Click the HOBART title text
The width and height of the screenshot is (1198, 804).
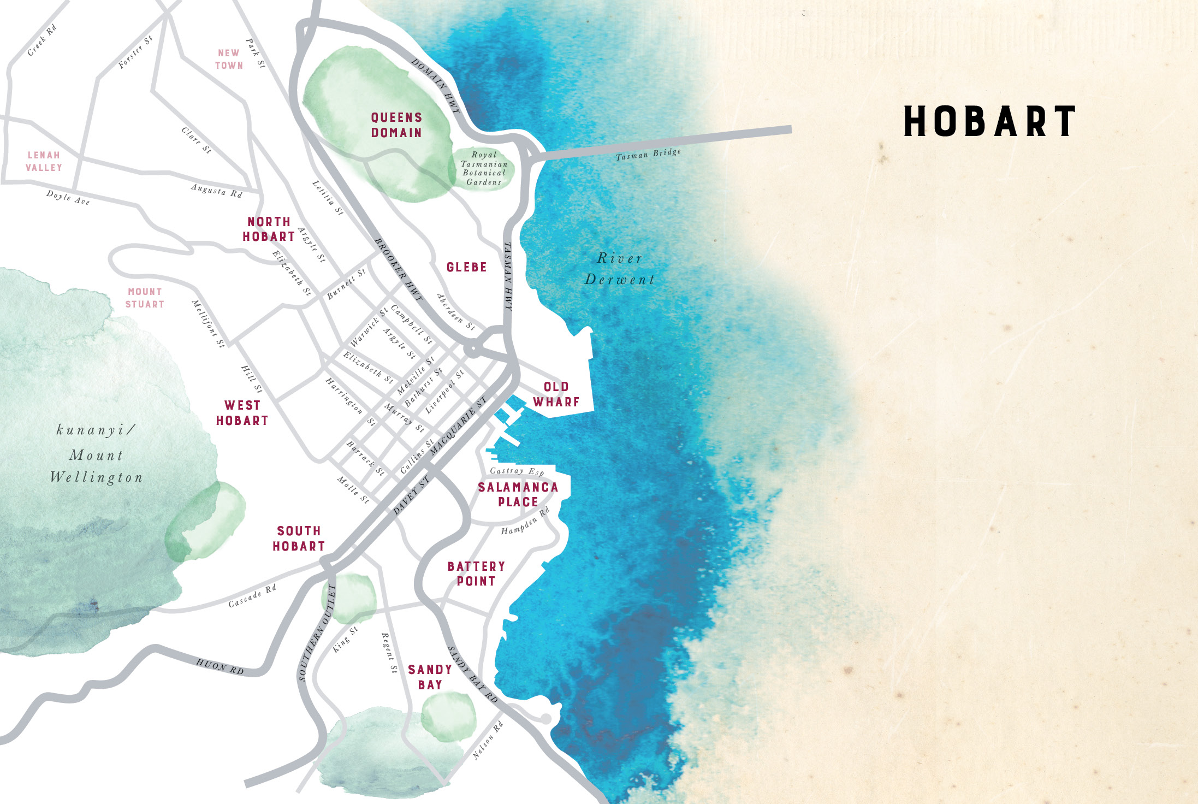(x=989, y=121)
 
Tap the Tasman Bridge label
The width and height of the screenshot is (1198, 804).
(x=648, y=154)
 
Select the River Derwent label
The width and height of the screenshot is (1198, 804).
(x=619, y=269)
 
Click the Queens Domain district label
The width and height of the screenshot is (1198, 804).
(x=396, y=125)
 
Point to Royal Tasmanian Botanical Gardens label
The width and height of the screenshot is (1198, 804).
(x=484, y=169)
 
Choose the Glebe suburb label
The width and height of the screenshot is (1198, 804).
(x=466, y=267)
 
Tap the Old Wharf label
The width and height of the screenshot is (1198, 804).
(x=556, y=394)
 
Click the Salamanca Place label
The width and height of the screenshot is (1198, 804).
(x=518, y=494)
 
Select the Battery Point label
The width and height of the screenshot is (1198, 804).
(x=476, y=574)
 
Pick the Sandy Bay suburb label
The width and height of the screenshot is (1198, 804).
(x=430, y=677)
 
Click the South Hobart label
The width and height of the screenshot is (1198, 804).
(x=299, y=539)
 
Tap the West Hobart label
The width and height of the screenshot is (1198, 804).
(x=242, y=413)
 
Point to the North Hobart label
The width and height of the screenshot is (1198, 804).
(x=269, y=229)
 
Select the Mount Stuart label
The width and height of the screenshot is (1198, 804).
(x=145, y=298)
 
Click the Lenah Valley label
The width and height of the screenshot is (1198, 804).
(x=44, y=162)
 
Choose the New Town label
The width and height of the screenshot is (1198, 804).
(x=229, y=59)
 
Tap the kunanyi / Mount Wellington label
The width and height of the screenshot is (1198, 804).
(x=96, y=454)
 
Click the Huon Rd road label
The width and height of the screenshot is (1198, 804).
(x=220, y=666)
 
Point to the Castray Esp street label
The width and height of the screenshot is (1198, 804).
(x=517, y=471)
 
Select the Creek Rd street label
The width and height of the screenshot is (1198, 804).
(x=42, y=40)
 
